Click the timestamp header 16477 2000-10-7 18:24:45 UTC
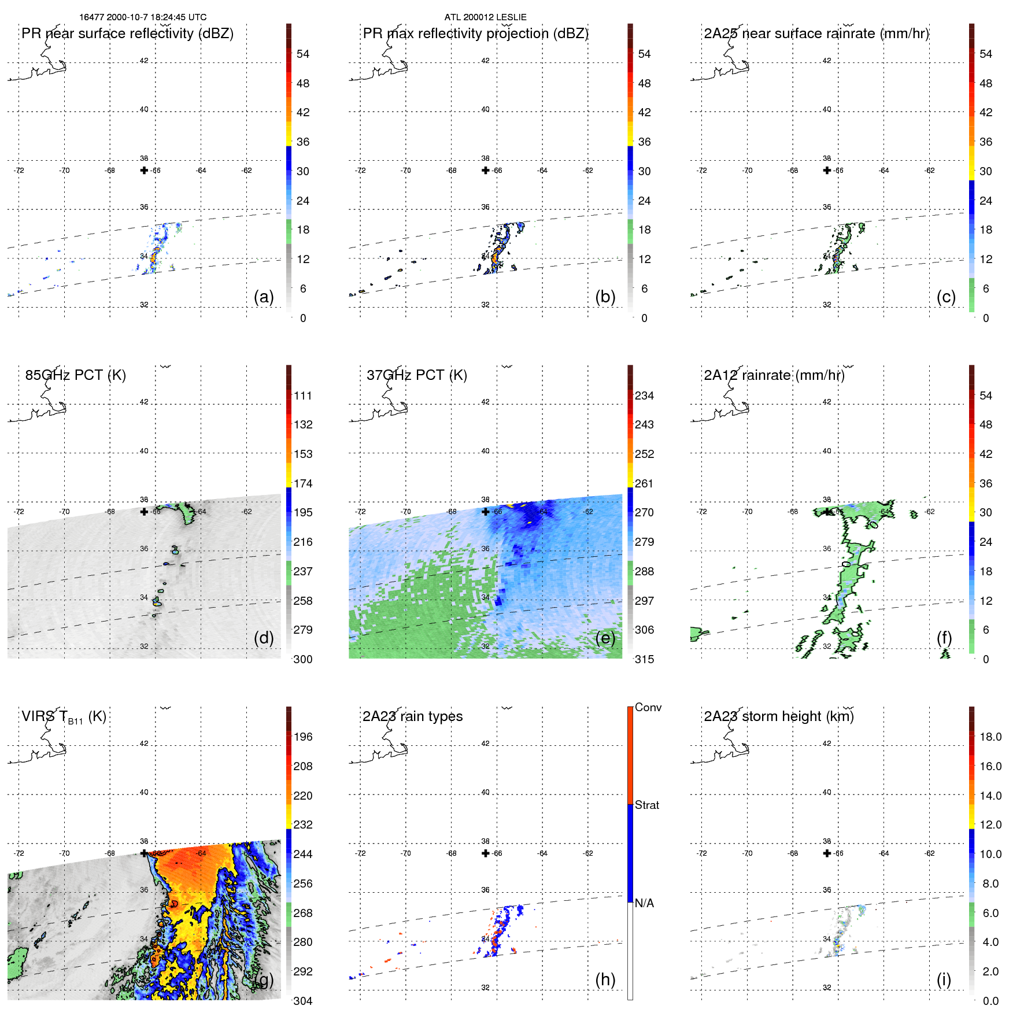point(143,17)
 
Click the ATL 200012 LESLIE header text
point(485,17)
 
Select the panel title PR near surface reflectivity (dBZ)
point(127,34)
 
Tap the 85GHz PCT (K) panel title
point(75,375)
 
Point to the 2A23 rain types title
point(412,716)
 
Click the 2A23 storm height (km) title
point(778,716)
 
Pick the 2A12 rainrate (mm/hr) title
point(774,375)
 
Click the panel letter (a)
point(264,297)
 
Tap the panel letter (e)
point(605,638)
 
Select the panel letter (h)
point(605,979)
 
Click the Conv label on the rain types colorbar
point(648,708)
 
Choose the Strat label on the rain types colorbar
point(646,805)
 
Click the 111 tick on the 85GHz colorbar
point(302,396)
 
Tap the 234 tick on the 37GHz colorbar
point(644,396)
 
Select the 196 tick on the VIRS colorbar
point(302,737)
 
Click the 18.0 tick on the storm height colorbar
point(990,737)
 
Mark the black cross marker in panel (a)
point(144,170)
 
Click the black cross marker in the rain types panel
point(486,853)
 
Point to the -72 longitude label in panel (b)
point(360,171)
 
